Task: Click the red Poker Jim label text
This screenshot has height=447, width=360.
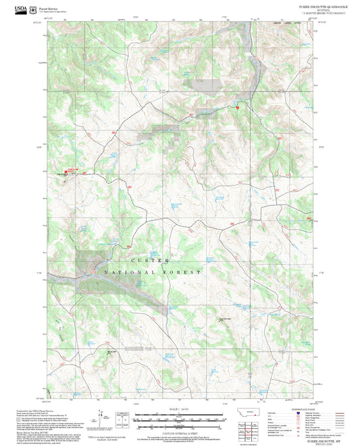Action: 72,168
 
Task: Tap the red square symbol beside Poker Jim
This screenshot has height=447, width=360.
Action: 66,172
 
